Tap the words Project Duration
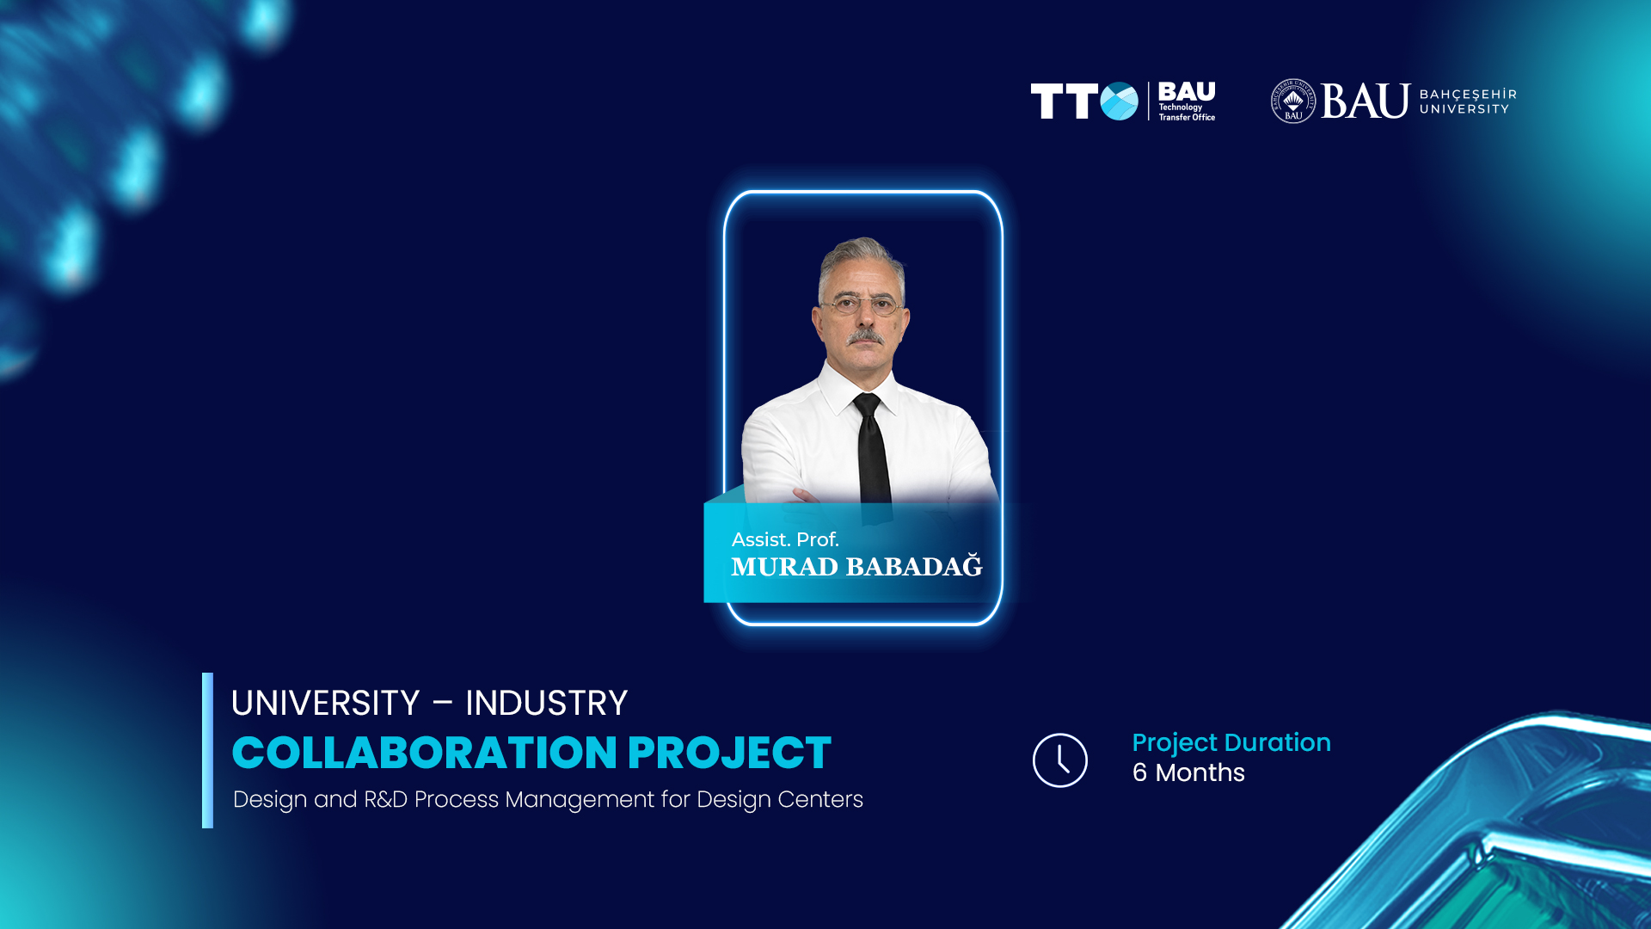[x=1231, y=743]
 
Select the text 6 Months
[x=1188, y=772]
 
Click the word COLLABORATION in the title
[x=425, y=753]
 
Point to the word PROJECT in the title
[x=729, y=753]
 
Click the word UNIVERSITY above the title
[x=325, y=704]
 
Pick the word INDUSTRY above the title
[x=547, y=704]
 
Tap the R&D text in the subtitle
[x=385, y=799]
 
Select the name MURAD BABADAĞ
[x=856, y=566]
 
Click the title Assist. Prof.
[x=785, y=539]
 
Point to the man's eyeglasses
[x=862, y=305]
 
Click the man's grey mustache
[x=865, y=336]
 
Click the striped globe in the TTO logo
[x=1120, y=102]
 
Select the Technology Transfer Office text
[x=1187, y=113]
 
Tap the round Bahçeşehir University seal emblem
[x=1293, y=102]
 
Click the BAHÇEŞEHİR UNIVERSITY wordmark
[x=1468, y=102]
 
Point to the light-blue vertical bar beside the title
[x=207, y=750]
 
